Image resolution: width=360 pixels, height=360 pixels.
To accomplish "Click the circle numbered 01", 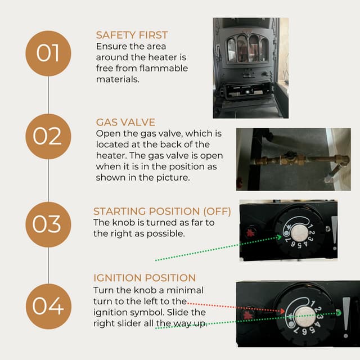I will (48, 53).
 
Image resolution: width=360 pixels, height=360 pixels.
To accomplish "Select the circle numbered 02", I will (48, 136).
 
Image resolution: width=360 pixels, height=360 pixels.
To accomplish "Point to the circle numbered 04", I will (48, 307).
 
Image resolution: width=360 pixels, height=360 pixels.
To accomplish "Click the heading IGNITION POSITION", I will (145, 278).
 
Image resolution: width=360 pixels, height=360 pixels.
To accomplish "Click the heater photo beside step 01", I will (250, 67).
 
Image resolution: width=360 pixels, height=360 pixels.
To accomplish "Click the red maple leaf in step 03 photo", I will (250, 233).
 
